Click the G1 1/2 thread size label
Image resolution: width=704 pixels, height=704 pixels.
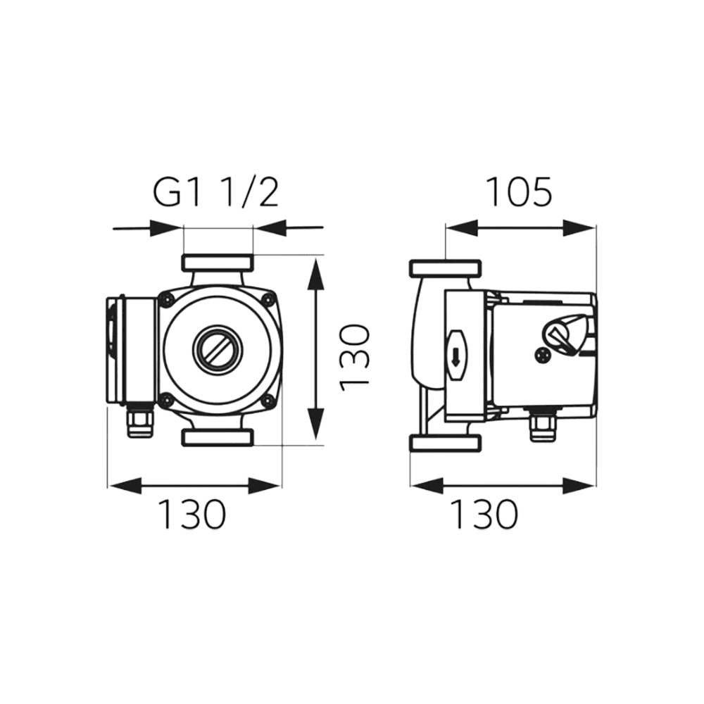(216, 192)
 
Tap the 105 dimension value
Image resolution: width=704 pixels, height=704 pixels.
(519, 192)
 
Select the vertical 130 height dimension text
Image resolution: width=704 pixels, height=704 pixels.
(355, 358)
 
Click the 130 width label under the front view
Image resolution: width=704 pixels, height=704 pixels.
(192, 514)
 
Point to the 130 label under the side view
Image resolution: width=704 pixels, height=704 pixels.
(484, 514)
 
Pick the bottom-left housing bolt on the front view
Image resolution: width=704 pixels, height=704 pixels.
(168, 398)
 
